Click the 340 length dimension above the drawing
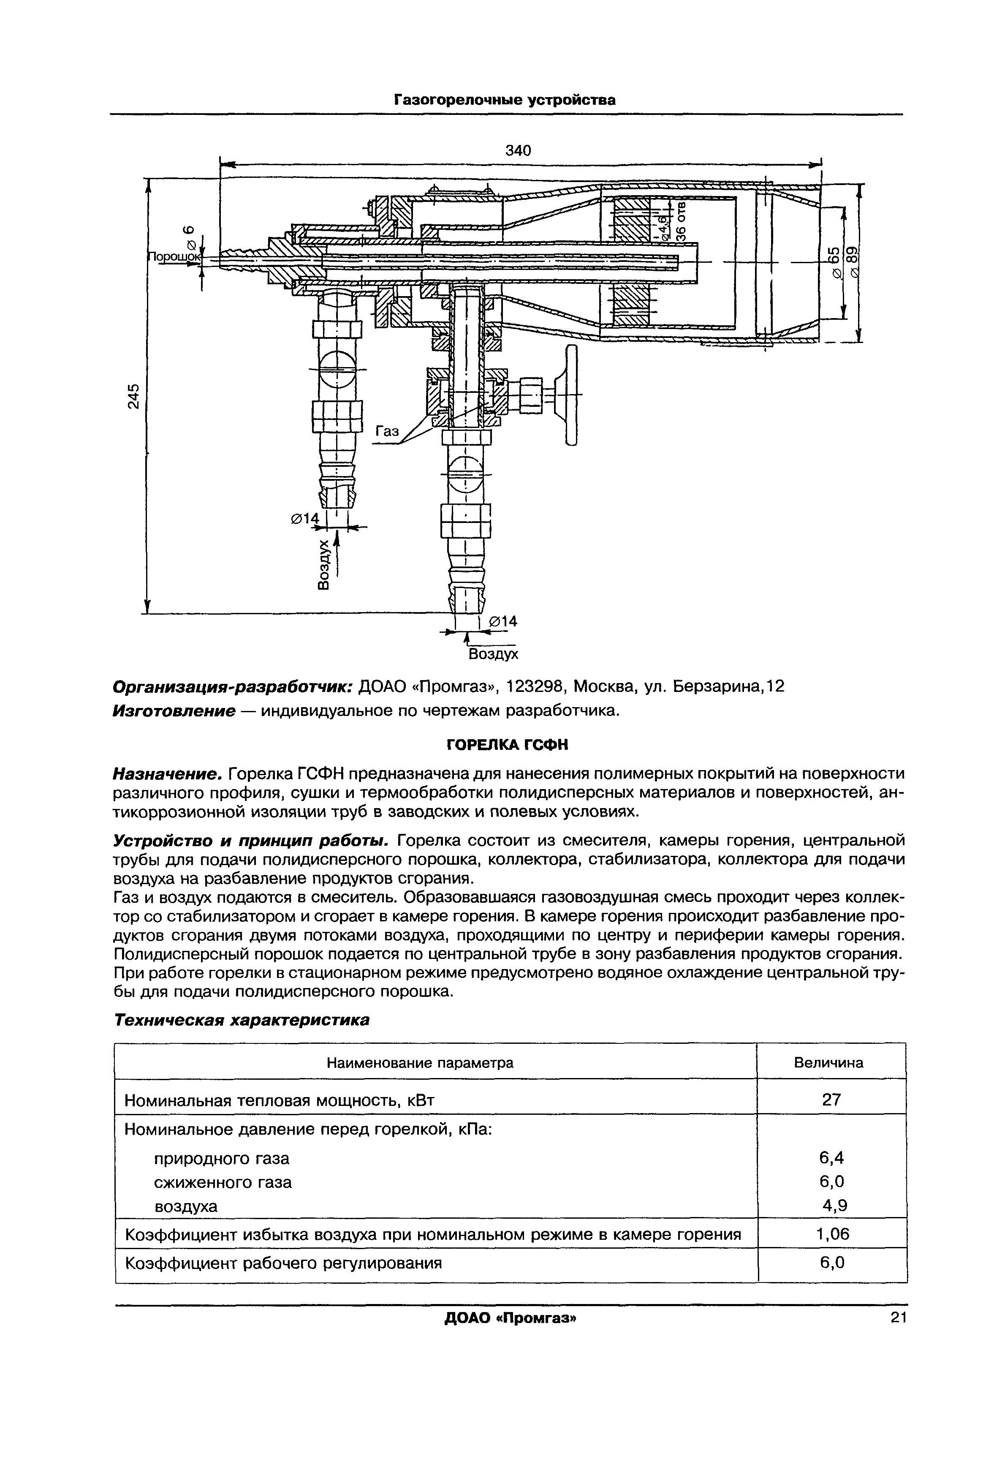[518, 150]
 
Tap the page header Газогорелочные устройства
[505, 100]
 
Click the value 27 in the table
[831, 1100]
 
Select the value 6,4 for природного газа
[831, 1158]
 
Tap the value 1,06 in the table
[832, 1234]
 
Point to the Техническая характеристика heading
[241, 1021]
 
